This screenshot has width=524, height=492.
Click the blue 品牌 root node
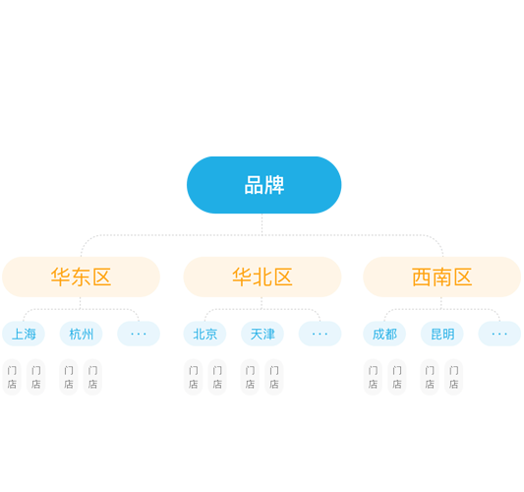[x=264, y=185]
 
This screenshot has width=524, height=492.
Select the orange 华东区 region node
[x=82, y=277]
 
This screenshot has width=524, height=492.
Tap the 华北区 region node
[x=262, y=277]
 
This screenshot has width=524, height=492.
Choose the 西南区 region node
[x=441, y=277]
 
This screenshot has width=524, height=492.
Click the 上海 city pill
[x=24, y=334]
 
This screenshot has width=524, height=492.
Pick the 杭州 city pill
[x=82, y=334]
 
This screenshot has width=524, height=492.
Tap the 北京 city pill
[x=204, y=334]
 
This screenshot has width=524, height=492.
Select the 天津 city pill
[x=262, y=334]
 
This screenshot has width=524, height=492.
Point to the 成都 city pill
[x=384, y=334]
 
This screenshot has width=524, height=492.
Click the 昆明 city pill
[x=442, y=334]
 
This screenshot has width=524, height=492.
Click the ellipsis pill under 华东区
[x=139, y=334]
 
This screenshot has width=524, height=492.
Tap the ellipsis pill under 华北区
[x=320, y=334]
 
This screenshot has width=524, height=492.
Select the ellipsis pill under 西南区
[x=499, y=334]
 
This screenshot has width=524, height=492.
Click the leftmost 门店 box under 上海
[x=12, y=377]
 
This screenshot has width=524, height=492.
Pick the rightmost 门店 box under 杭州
[x=92, y=377]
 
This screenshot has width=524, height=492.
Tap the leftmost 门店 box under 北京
[x=193, y=377]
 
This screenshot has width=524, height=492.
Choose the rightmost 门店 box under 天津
[x=274, y=377]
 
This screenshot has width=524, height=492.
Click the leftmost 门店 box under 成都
[x=373, y=377]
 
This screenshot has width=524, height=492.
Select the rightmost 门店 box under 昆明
[x=453, y=377]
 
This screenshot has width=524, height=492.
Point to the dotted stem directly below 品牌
[x=262, y=224]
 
